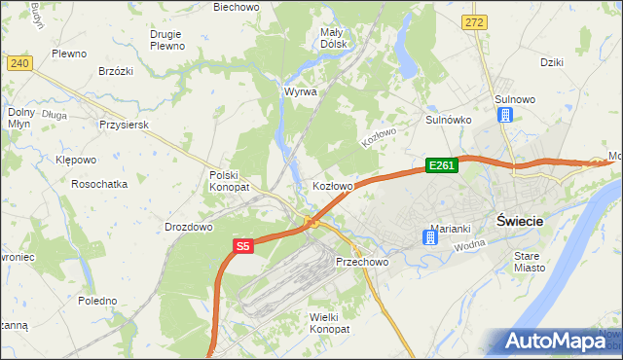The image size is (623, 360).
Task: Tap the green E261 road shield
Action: tap(441, 166)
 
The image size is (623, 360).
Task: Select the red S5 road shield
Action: tap(243, 248)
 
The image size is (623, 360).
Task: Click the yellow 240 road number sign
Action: tap(19, 63)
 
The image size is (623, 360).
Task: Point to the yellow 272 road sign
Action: tap(474, 21)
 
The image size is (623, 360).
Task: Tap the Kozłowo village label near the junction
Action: tap(332, 185)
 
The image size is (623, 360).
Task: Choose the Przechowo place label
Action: tap(362, 262)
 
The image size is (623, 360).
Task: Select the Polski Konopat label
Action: tap(230, 180)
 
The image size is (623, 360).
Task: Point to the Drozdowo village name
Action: tap(189, 227)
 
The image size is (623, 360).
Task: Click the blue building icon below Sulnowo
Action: tap(505, 115)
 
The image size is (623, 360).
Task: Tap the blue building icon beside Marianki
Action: tap(431, 235)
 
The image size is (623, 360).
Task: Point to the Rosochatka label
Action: tap(100, 184)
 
